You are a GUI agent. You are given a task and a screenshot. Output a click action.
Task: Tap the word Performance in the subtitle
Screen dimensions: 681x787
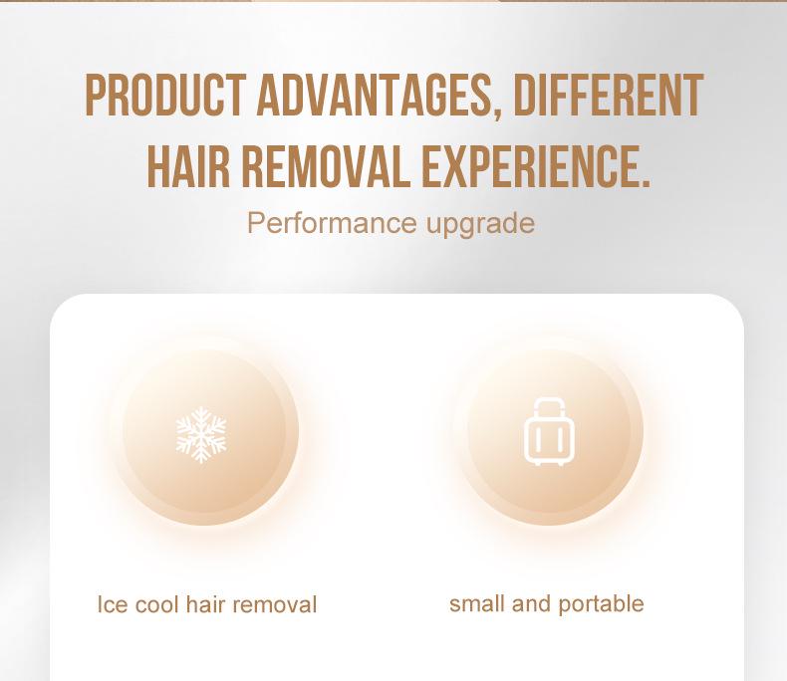pos(333,222)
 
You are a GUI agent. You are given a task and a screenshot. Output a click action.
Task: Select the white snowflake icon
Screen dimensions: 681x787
pos(201,433)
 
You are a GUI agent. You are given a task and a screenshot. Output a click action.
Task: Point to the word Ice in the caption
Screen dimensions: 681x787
pos(112,604)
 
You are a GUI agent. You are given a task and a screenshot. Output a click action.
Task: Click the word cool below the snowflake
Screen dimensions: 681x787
pos(157,604)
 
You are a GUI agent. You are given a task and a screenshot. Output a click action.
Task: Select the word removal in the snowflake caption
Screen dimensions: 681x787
pos(275,604)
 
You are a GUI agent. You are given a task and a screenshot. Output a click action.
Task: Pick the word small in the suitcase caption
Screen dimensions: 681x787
pos(476,603)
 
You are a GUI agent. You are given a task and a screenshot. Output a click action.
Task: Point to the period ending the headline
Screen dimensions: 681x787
pos(643,184)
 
